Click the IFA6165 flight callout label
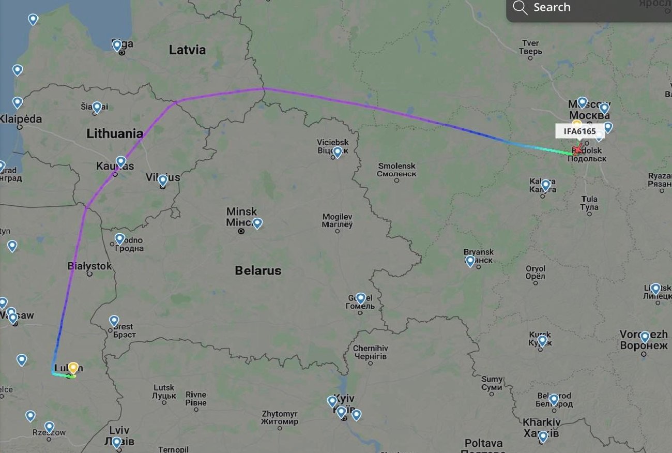click(579, 131)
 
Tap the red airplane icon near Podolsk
click(577, 150)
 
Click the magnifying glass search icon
click(520, 8)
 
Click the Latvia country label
click(187, 50)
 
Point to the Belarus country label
click(258, 270)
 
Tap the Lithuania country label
click(115, 134)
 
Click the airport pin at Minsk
click(257, 223)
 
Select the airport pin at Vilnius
click(163, 180)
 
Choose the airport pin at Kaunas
click(120, 162)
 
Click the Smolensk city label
click(396, 170)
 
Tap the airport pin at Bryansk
click(470, 261)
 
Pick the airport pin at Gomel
click(361, 298)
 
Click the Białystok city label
click(89, 266)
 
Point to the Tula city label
click(589, 203)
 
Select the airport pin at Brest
click(114, 321)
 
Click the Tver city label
click(531, 47)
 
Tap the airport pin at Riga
click(117, 46)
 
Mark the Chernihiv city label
click(370, 352)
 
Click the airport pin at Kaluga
click(545, 185)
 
